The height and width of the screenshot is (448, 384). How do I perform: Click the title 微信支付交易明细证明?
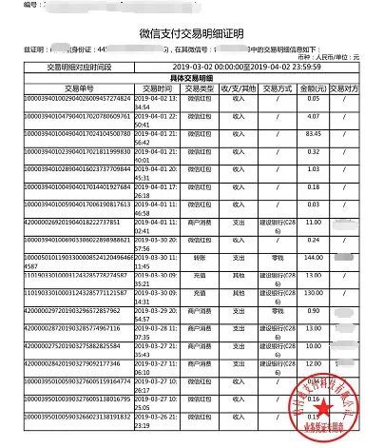pyautogui.click(x=191, y=32)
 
